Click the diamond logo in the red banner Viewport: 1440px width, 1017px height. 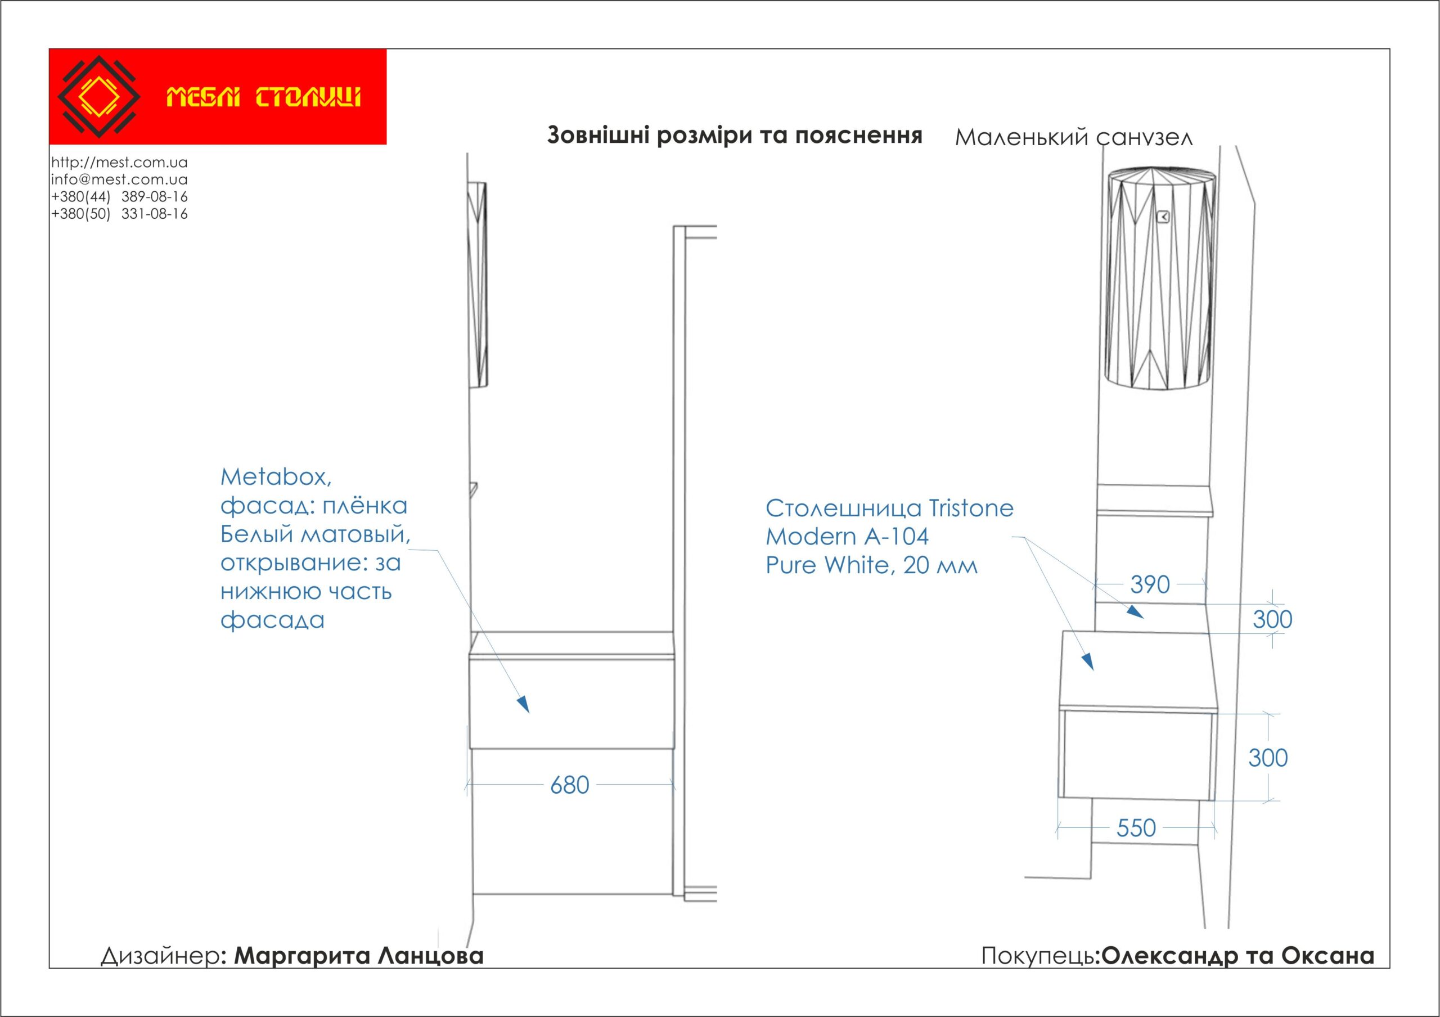(x=98, y=97)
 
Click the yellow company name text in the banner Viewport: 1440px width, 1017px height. (x=263, y=98)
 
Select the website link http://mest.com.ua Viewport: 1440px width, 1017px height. (x=119, y=163)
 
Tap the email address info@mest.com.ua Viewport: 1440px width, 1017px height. (x=119, y=179)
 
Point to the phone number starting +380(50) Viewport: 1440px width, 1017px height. (x=119, y=214)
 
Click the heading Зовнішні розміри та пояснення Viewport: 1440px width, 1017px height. (x=735, y=136)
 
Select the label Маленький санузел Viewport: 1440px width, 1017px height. (x=1073, y=137)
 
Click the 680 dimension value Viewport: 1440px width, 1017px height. (x=569, y=785)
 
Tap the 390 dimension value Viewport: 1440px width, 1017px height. (x=1150, y=584)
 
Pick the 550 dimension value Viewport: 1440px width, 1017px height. (x=1136, y=828)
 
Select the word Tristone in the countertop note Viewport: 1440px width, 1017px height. (x=970, y=508)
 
